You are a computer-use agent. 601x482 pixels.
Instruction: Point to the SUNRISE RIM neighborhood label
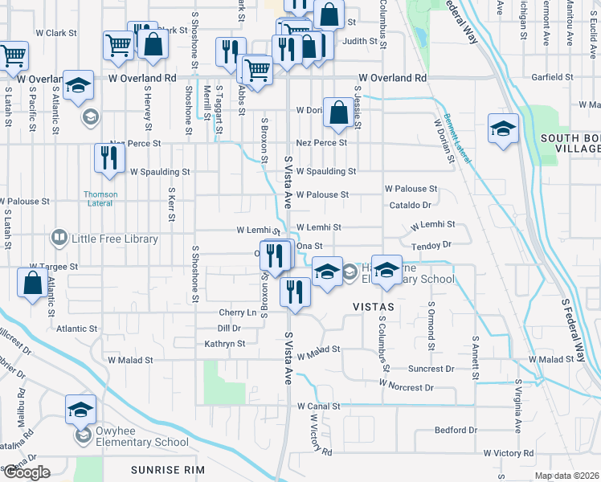170,469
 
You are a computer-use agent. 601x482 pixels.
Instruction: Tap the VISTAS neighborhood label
373,307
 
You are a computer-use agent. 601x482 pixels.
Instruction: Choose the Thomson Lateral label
101,198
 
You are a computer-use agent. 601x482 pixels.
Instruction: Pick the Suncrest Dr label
431,370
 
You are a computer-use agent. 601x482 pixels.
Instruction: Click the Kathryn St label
224,344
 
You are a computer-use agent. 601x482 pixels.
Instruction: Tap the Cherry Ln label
237,312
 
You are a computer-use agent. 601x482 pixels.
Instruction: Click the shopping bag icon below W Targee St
31,283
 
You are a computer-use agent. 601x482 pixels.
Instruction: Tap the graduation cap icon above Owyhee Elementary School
80,410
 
